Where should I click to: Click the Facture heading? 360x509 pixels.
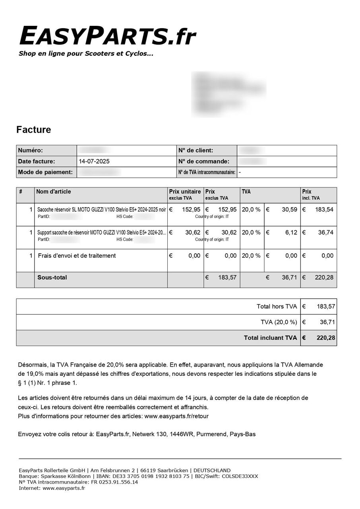point(34,130)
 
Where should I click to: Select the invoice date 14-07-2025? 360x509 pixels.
point(95,161)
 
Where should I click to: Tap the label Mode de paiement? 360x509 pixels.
point(45,172)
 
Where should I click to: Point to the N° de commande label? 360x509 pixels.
point(203,161)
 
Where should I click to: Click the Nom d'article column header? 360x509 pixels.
point(53,192)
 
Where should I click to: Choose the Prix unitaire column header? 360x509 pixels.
point(185,192)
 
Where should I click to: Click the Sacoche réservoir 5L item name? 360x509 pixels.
point(101,210)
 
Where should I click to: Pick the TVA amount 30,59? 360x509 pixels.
point(289,210)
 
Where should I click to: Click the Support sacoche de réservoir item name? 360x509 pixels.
point(101,233)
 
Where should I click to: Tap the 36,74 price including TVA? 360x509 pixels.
point(325,233)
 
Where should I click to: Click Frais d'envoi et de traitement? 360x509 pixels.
point(77,256)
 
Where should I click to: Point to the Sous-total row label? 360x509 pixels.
point(52,278)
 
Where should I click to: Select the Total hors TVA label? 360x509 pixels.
point(277,307)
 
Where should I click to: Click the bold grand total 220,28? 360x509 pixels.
point(325,338)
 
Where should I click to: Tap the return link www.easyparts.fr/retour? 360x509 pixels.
point(176,416)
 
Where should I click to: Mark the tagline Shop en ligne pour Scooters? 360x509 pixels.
point(85,54)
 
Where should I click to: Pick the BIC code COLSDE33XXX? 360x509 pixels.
point(240,476)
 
